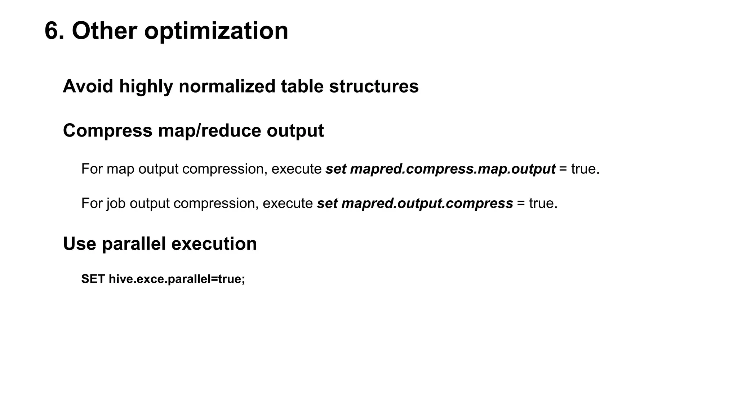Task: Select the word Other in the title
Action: click(104, 31)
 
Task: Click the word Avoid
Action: click(88, 86)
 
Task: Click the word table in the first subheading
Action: click(302, 86)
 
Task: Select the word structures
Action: click(374, 86)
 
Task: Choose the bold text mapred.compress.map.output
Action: click(453, 169)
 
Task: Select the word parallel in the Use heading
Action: click(134, 244)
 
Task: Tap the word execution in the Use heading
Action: click(214, 244)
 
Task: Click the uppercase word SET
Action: click(93, 279)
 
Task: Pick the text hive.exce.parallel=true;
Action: click(177, 279)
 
